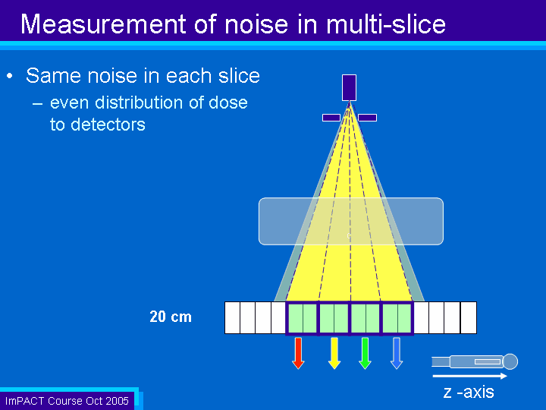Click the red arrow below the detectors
(298, 353)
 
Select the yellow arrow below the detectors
(334, 353)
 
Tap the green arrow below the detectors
(365, 353)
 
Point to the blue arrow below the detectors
(397, 353)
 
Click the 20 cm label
(171, 317)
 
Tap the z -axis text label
(469, 392)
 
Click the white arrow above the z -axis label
(469, 376)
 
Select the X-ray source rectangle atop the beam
(350, 87)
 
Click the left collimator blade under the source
(331, 118)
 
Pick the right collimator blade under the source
(367, 118)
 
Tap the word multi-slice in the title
(386, 24)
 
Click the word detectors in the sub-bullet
(108, 125)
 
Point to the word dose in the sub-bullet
(228, 102)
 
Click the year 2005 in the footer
(118, 401)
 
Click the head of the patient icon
(510, 361)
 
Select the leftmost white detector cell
(232, 317)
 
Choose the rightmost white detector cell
(469, 317)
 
